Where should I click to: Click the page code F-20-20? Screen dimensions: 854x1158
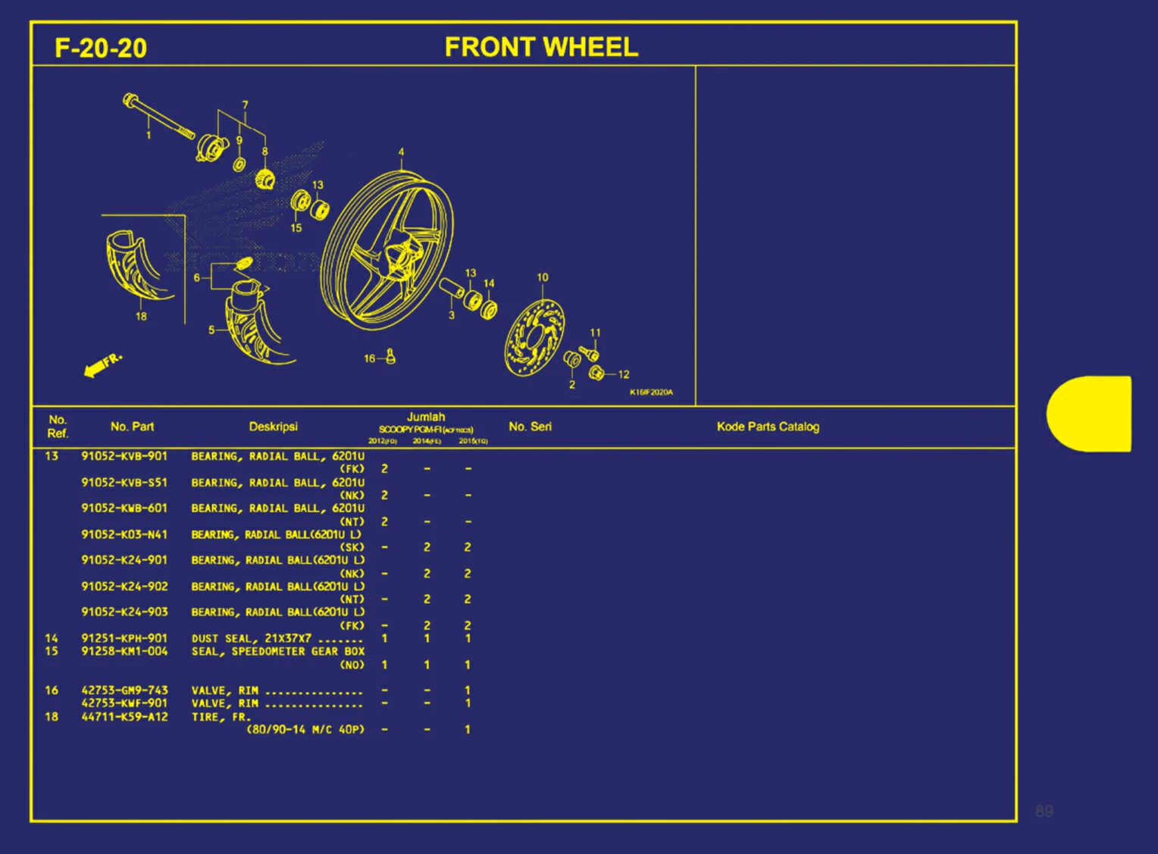(x=101, y=48)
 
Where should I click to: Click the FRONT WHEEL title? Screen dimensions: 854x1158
(x=541, y=47)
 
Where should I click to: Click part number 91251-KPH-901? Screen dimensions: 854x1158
(x=124, y=638)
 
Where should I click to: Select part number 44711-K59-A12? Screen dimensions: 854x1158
(x=124, y=716)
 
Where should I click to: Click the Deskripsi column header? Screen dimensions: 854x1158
(x=273, y=427)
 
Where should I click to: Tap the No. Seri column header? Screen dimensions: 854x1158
(x=530, y=427)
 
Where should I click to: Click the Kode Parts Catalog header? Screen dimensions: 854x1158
(x=768, y=427)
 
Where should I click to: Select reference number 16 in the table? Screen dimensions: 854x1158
(x=52, y=690)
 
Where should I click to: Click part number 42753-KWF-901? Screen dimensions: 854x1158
(x=124, y=702)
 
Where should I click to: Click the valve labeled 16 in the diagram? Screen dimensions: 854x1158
(x=390, y=356)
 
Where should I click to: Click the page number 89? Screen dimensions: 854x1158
(x=1044, y=812)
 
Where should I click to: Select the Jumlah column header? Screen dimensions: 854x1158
(x=426, y=417)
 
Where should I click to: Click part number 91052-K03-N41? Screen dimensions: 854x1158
(x=124, y=534)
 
